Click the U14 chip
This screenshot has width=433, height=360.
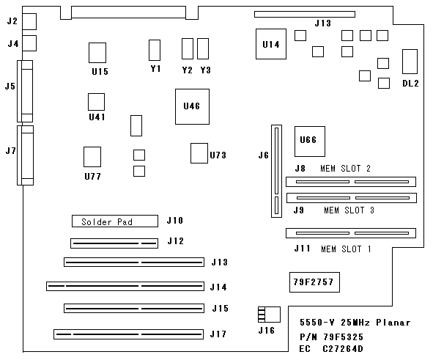tap(271, 44)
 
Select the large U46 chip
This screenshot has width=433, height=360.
tap(192, 106)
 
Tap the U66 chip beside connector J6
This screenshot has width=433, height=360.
tap(310, 142)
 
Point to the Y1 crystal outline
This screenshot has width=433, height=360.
tap(155, 50)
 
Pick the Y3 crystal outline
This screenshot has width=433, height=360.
tap(203, 48)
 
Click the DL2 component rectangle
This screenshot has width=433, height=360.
tap(410, 62)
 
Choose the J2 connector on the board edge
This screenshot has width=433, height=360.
tap(29, 21)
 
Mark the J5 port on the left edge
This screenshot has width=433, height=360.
tap(25, 91)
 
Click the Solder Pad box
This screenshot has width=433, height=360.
tap(115, 221)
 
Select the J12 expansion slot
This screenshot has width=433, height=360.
tap(114, 243)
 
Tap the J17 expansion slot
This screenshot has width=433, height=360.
tap(129, 334)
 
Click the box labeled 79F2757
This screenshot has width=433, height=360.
tap(314, 282)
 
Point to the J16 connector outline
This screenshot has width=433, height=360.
tap(269, 315)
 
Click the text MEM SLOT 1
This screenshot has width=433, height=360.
tap(346, 249)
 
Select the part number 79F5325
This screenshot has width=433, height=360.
tap(344, 337)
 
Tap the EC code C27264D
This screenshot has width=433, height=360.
tap(343, 349)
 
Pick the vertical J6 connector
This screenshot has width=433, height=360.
tap(276, 171)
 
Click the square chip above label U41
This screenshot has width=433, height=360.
tap(97, 102)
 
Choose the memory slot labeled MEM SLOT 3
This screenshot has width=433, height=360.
tap(352, 198)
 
